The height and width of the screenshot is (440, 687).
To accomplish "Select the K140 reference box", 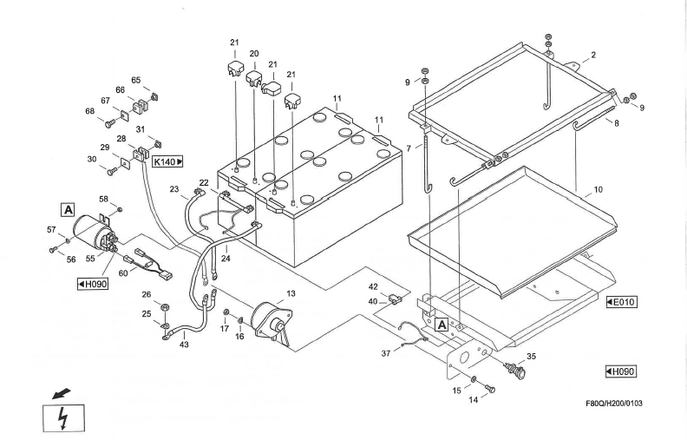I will tap(168, 161).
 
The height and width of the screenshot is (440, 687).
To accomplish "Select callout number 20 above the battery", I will tap(254, 54).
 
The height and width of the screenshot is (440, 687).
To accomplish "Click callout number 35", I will tap(531, 355).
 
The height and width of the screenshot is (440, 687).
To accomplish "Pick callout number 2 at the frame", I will tap(592, 56).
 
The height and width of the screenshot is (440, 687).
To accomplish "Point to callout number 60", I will tap(123, 273).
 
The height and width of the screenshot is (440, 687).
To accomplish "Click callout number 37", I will tap(386, 354).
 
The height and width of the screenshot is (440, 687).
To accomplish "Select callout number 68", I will tap(89, 110).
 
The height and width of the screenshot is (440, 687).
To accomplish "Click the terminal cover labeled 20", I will tap(254, 80).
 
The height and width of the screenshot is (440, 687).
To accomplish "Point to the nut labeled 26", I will tap(164, 308).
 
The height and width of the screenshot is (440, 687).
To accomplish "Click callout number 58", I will tap(102, 199).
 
